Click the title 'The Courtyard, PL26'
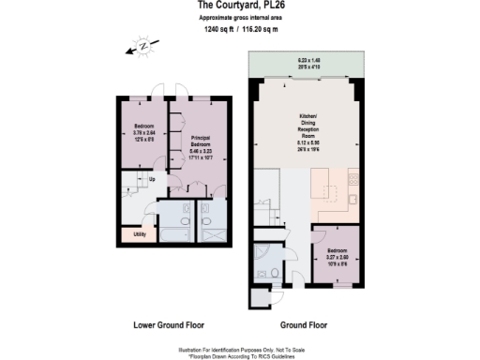pos(239,7)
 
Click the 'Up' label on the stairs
pos(152,178)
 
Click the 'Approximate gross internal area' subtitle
pos(239,19)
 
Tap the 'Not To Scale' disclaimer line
pos(241,346)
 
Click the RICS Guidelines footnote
pos(241,353)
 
